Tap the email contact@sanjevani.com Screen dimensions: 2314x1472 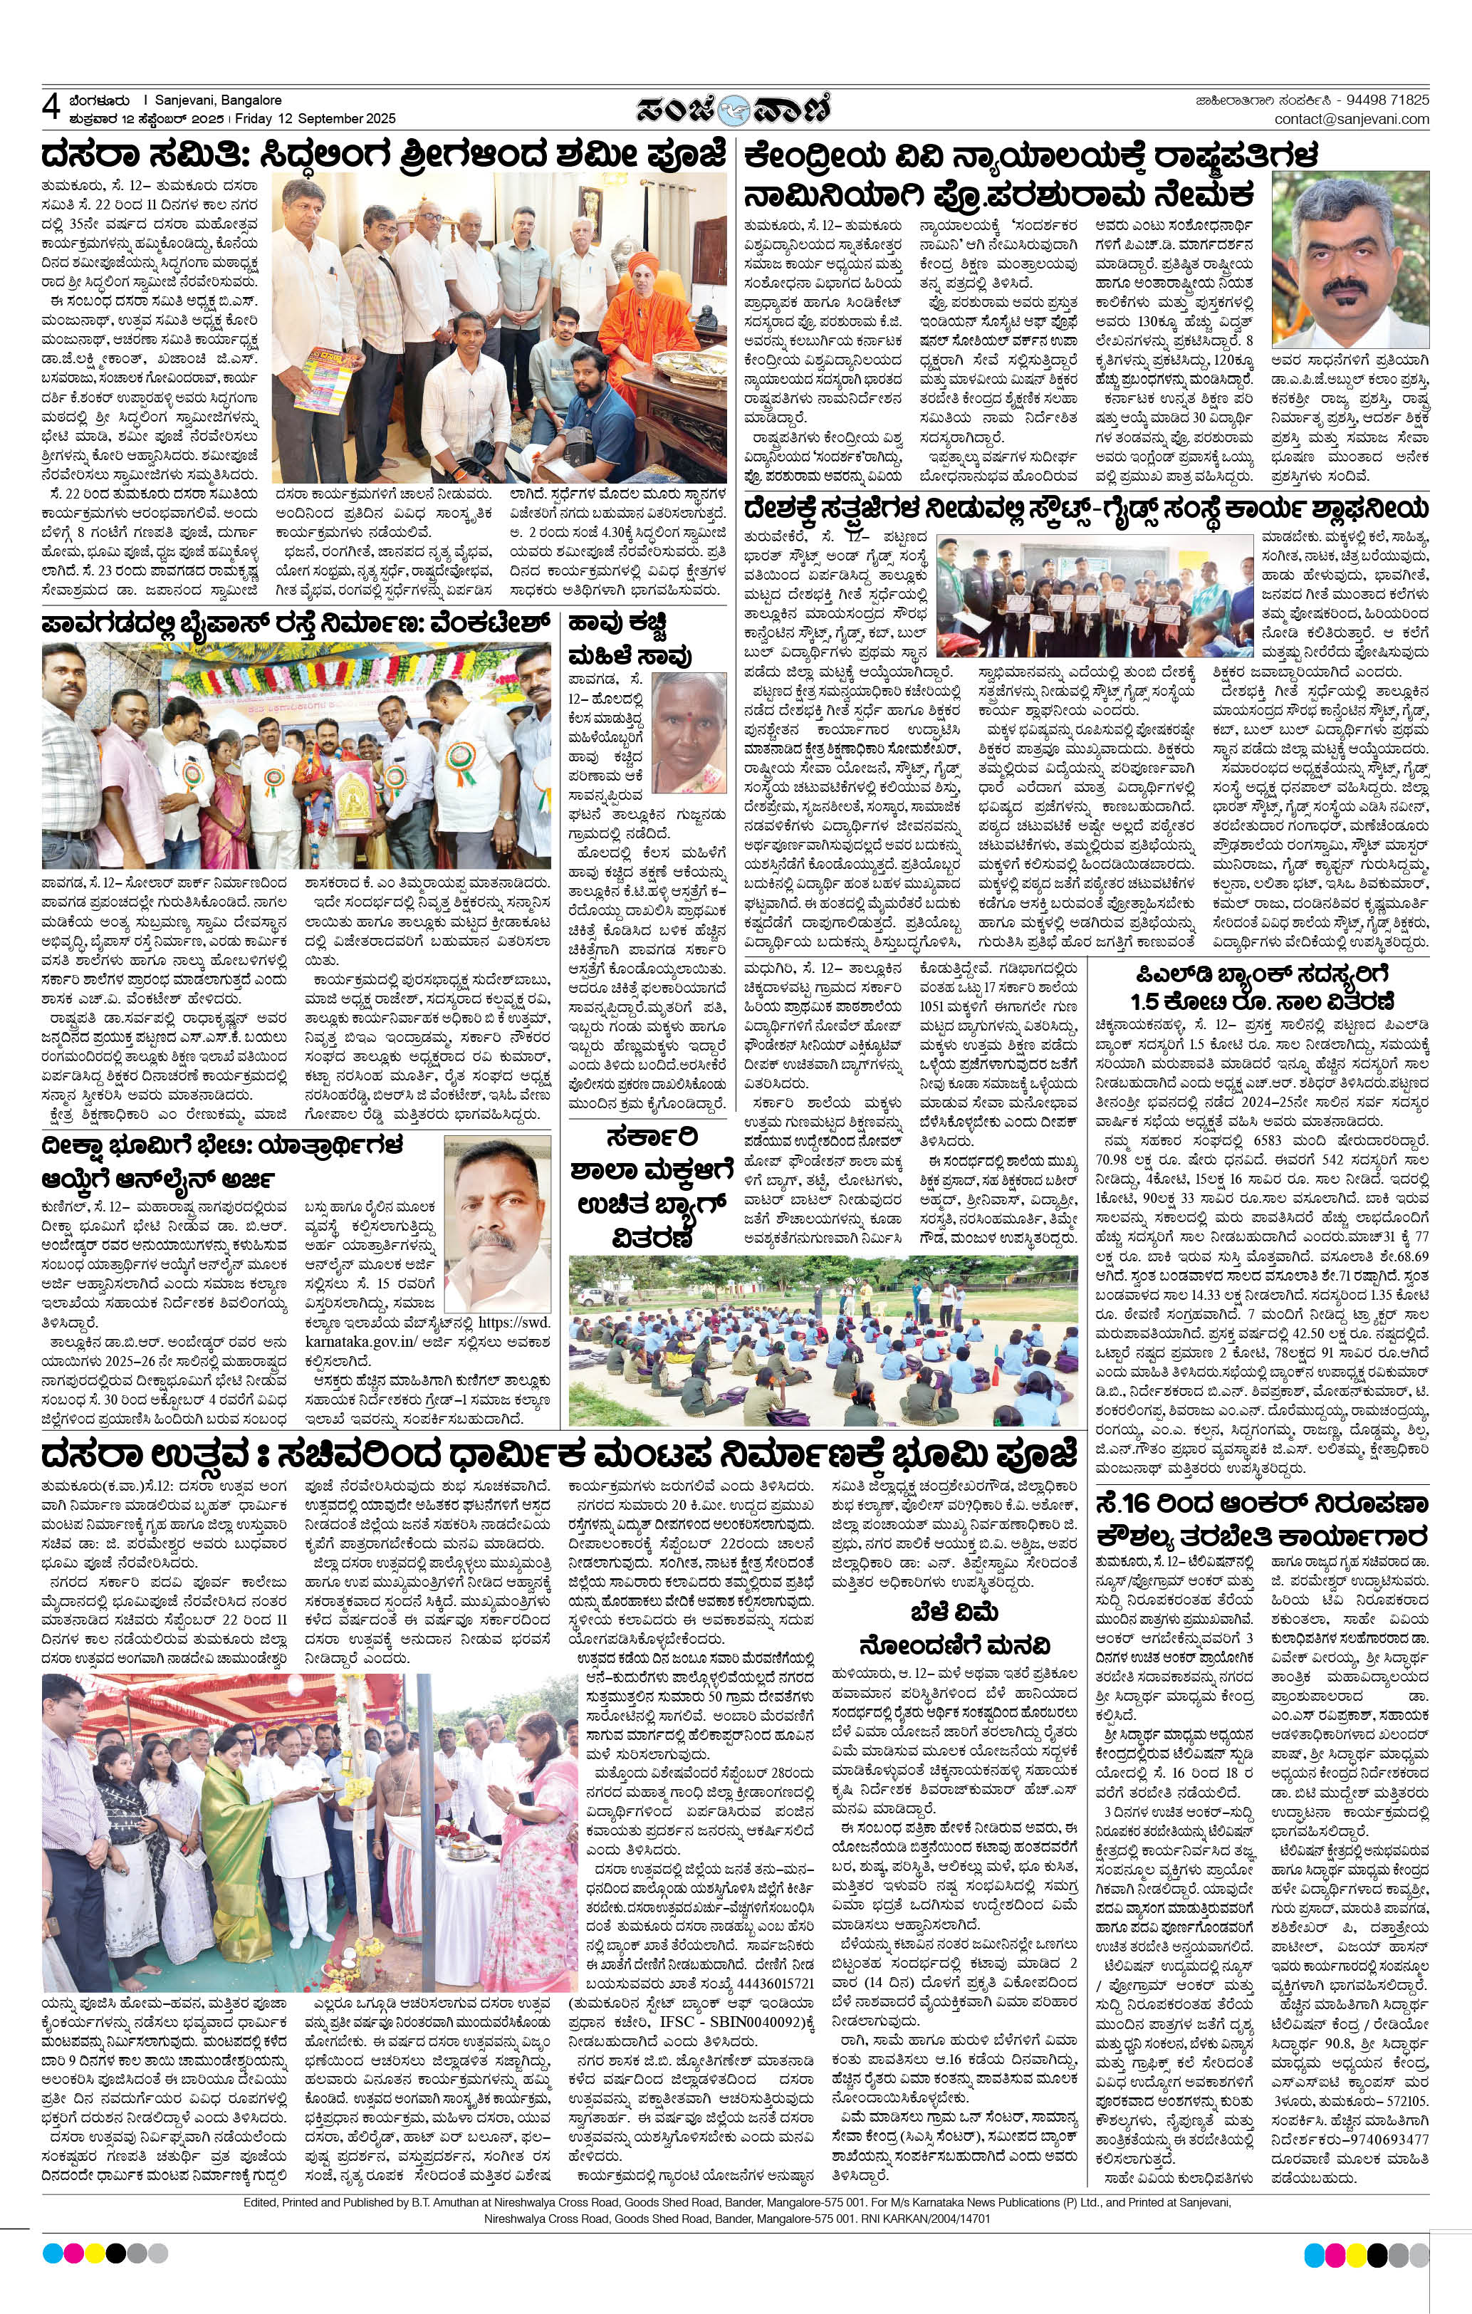pos(1351,119)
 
